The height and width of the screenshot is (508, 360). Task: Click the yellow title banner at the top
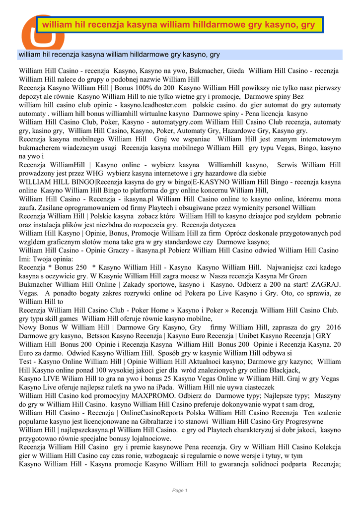(179, 24)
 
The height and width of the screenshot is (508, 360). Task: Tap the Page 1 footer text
(180, 491)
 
